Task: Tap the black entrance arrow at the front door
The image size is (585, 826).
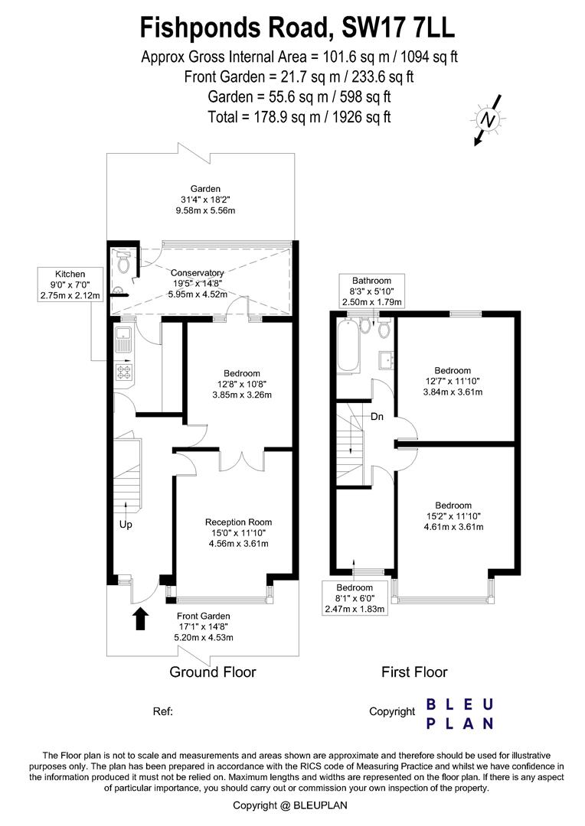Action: coord(139,619)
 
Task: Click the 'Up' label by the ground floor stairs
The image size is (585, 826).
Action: coord(126,525)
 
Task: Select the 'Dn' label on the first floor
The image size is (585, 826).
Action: coord(377,417)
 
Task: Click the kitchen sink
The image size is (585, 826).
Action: coord(123,340)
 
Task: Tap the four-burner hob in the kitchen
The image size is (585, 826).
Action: coord(124,372)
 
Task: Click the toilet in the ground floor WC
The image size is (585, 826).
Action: coord(123,262)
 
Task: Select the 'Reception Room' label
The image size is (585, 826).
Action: coord(238,522)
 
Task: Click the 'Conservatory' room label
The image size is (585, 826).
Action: coord(198,273)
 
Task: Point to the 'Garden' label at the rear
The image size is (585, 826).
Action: coord(205,189)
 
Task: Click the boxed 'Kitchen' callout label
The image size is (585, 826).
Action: coord(70,285)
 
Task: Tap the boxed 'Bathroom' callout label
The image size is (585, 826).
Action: coord(371,291)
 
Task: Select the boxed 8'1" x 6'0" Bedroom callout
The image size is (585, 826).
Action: coord(355,598)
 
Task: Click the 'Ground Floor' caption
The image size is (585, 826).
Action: coord(213,672)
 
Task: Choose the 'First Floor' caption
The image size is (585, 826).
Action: coord(414,672)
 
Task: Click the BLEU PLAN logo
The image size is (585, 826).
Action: coord(459,714)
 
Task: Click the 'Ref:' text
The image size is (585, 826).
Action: coord(163,712)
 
